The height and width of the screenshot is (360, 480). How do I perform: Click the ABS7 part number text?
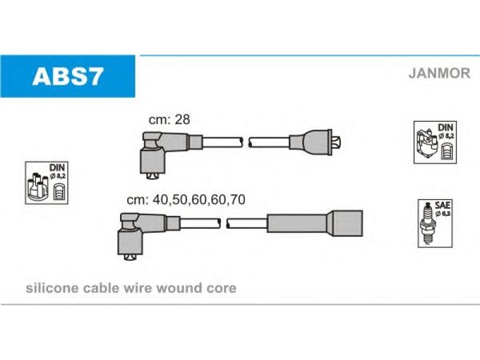[x=68, y=77]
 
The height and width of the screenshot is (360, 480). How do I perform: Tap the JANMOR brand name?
[x=439, y=73]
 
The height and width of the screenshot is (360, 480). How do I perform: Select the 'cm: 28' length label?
[x=169, y=119]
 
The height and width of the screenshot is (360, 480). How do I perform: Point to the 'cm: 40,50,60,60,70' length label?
[x=186, y=200]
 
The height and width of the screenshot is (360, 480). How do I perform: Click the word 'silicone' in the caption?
[x=52, y=288]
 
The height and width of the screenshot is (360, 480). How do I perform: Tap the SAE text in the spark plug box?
[x=442, y=205]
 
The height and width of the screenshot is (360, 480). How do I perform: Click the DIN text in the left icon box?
[x=57, y=167]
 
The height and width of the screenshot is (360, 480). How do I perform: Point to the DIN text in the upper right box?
[x=446, y=127]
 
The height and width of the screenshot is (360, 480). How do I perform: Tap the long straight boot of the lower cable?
[x=314, y=223]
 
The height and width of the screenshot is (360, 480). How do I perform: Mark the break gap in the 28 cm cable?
[x=245, y=142]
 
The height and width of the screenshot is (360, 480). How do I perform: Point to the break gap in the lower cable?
[x=223, y=223]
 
